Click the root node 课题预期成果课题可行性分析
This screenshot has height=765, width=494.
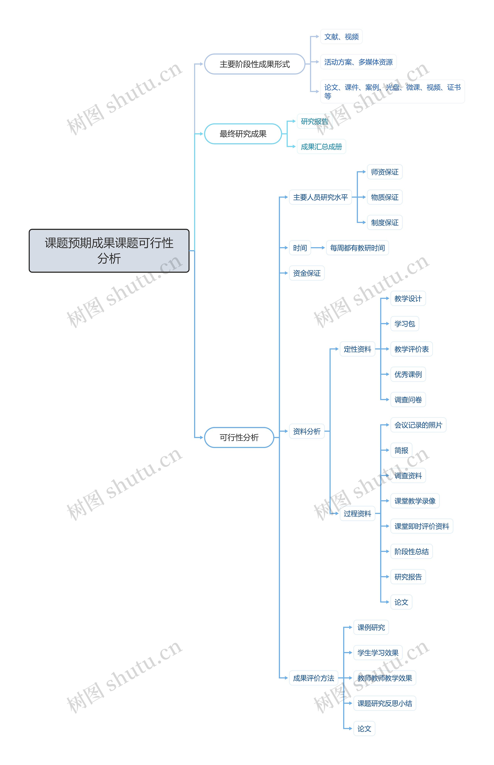pos(109,251)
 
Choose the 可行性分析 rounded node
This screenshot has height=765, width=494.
pos(239,437)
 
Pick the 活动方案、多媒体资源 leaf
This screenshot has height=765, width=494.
pos(358,62)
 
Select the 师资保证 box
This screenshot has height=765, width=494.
pos(385,172)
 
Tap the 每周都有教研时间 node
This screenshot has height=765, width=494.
pos(357,248)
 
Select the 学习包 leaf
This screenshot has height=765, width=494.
pos(404,324)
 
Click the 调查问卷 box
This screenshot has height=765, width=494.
pos(408,400)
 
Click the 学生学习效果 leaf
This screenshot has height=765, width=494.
pos(378,653)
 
